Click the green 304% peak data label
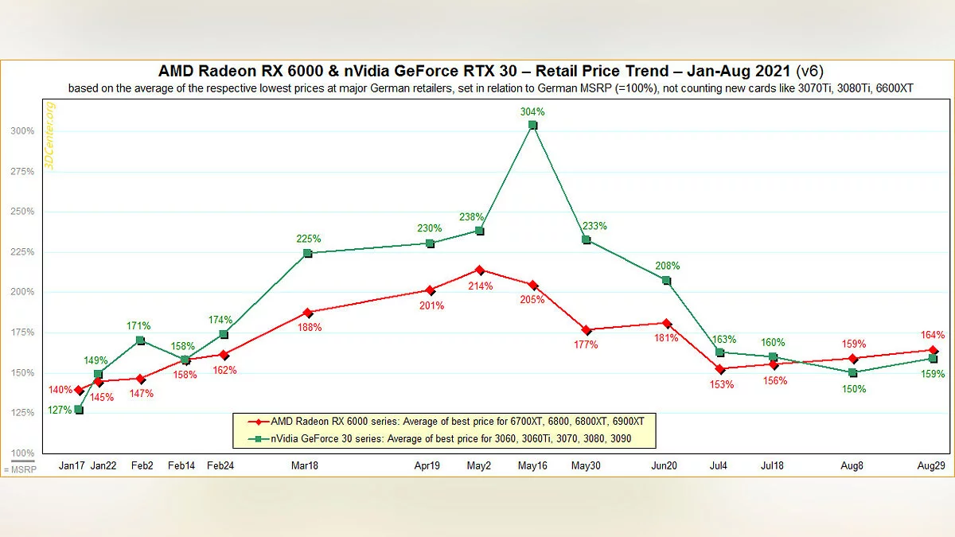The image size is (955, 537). coord(532,113)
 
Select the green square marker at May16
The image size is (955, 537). coord(532,125)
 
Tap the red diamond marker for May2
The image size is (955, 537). coord(480,270)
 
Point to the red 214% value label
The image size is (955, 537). coord(480,286)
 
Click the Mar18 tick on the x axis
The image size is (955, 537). coord(305,466)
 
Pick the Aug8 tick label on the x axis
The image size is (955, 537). coord(852,466)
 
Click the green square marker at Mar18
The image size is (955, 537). coord(308,253)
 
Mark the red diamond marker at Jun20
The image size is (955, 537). coord(666,323)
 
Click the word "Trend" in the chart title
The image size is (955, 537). coord(643,71)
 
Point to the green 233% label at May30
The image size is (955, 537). coord(594,226)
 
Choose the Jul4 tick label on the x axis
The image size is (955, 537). coord(719,466)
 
